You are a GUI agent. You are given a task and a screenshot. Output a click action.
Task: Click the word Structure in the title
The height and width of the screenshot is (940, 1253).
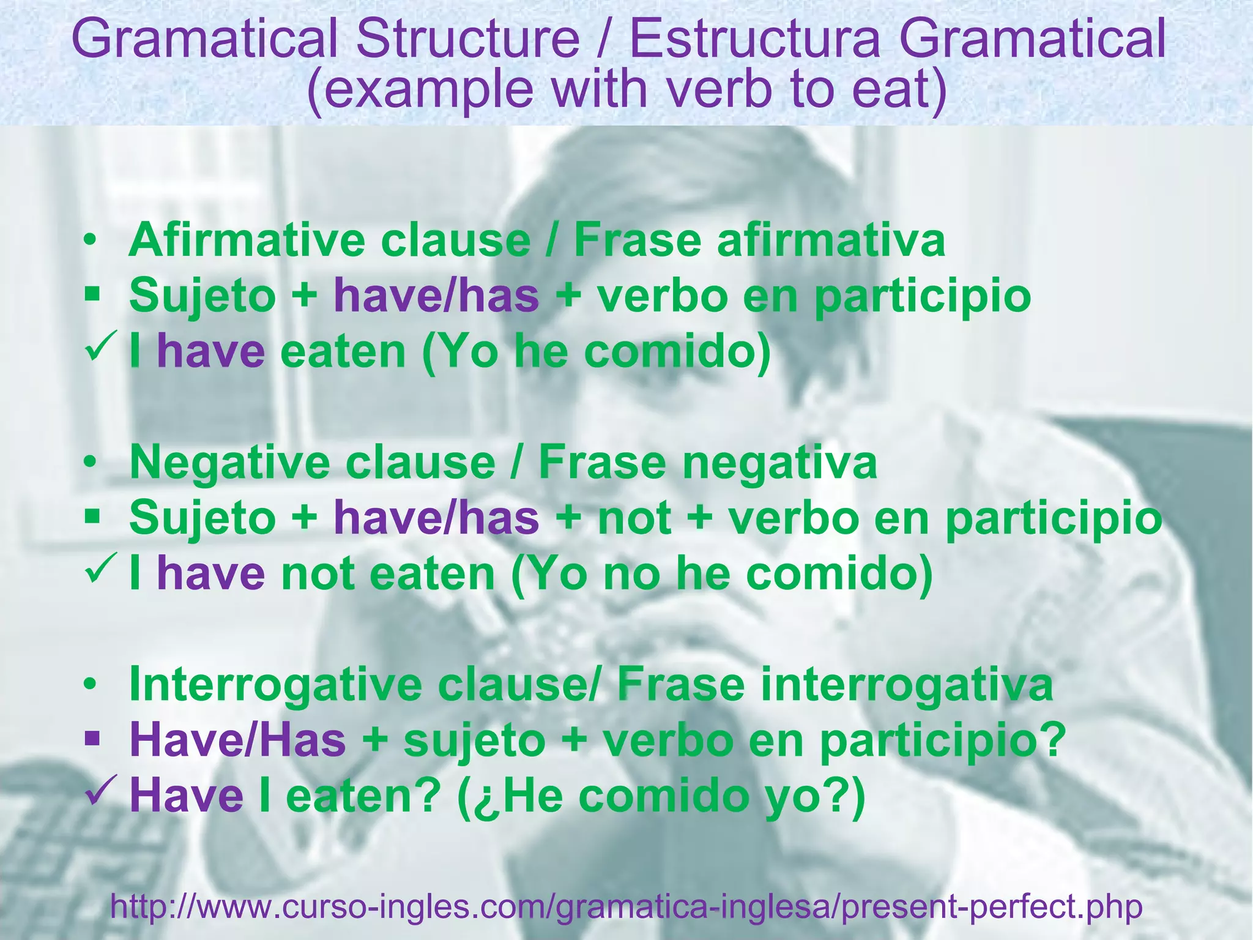(x=468, y=39)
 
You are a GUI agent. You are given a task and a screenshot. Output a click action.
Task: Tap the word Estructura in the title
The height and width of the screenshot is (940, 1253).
(x=756, y=39)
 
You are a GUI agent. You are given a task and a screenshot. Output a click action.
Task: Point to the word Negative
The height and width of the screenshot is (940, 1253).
(x=230, y=462)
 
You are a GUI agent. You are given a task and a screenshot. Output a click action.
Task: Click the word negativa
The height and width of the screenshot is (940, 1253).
(x=780, y=462)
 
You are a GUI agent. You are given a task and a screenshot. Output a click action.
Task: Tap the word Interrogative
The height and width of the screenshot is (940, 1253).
(x=275, y=685)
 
